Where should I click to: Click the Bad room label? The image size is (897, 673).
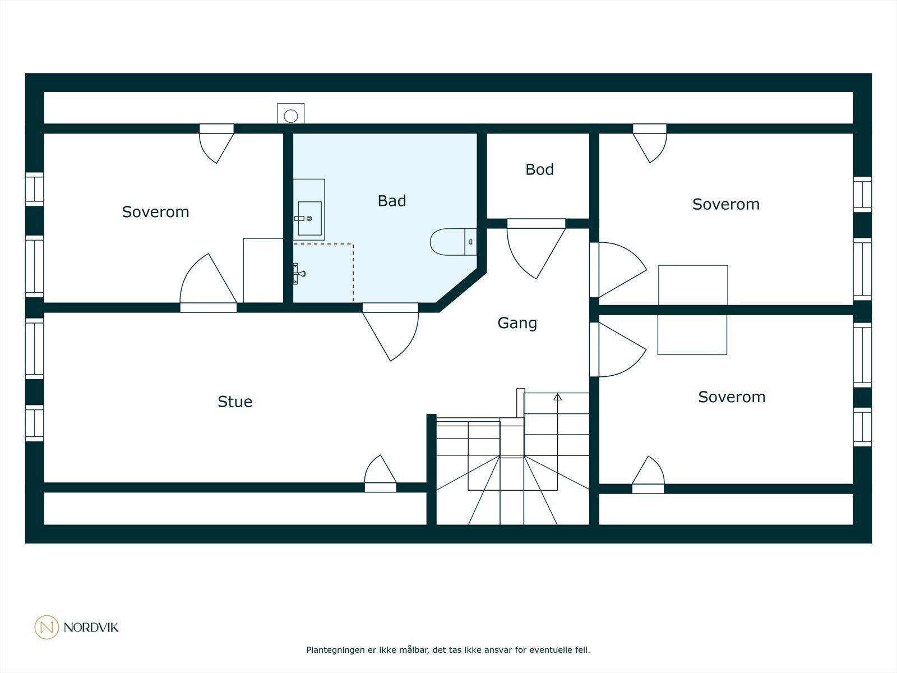point(391,201)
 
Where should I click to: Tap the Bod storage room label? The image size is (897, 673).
point(539,169)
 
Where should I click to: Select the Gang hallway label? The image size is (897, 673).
point(517,323)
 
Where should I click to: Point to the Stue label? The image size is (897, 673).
point(234,402)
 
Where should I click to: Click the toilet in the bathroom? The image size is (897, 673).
point(453,242)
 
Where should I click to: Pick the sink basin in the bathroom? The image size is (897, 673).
point(309,218)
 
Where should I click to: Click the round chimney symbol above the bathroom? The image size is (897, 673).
point(290,116)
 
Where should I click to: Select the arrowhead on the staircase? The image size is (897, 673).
point(557,397)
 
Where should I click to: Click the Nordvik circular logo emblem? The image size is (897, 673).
point(47,627)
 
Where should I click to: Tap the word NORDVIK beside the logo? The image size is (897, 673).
point(91,627)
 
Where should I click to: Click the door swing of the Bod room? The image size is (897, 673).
point(536,249)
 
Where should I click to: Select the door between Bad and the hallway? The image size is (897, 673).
point(390,331)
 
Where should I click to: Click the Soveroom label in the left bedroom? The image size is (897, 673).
point(155,212)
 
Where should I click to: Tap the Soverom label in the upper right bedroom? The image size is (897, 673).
point(726,204)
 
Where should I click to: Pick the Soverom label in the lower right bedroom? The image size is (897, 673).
point(732,397)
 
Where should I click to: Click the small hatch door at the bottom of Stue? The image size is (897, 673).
point(380,473)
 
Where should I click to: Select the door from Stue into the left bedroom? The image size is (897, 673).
point(209,283)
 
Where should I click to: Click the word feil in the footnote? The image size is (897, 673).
point(582,649)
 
